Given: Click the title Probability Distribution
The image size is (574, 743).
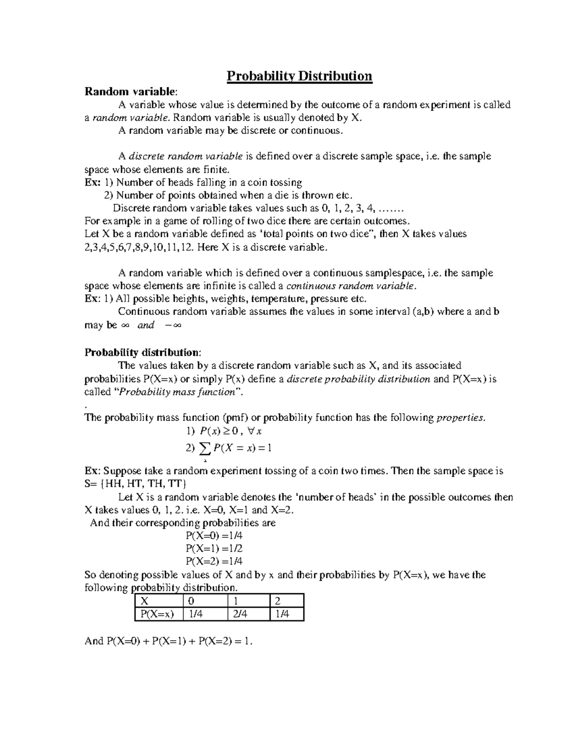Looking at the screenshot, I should [x=299, y=76].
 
